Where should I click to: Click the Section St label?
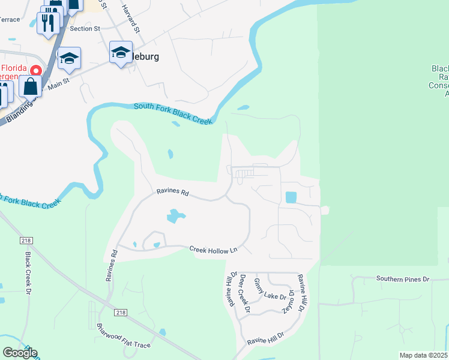pos(85,28)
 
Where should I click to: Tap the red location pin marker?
pos(35,70)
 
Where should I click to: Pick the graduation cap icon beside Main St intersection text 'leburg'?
pos(121,53)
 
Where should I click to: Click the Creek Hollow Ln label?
pos(214,249)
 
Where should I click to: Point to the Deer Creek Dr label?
pos(244,293)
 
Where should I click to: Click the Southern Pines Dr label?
pos(403,279)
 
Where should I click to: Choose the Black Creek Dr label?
pos(28,273)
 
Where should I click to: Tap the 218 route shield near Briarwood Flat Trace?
pos(121,313)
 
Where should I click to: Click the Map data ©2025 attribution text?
pos(423,355)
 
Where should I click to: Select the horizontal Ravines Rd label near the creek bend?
pos(173,193)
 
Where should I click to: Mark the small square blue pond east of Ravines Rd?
pos(291,197)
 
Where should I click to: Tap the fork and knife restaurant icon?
pos(47,22)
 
